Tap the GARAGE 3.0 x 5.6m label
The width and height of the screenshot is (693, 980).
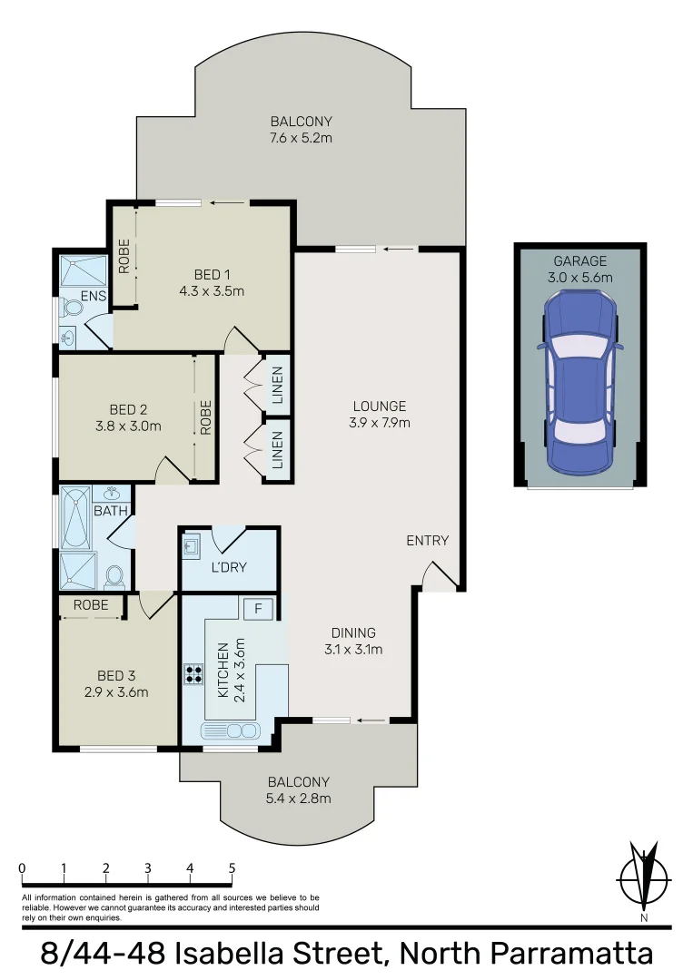(x=580, y=269)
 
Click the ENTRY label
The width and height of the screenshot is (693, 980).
(x=427, y=540)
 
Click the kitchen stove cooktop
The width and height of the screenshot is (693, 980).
(x=193, y=673)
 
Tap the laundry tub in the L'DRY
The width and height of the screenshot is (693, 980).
(x=193, y=546)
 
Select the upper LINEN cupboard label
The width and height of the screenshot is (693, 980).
(x=277, y=385)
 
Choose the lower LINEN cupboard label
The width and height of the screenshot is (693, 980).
(x=277, y=449)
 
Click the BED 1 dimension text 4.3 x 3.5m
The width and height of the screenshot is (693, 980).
(x=213, y=291)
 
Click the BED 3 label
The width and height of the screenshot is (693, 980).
(x=116, y=675)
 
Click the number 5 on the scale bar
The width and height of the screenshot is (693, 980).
(x=232, y=867)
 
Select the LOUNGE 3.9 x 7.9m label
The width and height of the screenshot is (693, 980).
(x=380, y=414)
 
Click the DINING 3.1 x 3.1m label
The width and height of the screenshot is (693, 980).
(x=353, y=641)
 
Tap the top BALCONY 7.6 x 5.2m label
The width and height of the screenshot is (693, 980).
(x=301, y=130)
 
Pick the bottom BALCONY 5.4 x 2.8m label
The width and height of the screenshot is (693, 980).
(x=299, y=789)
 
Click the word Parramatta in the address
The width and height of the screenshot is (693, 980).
(x=571, y=955)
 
